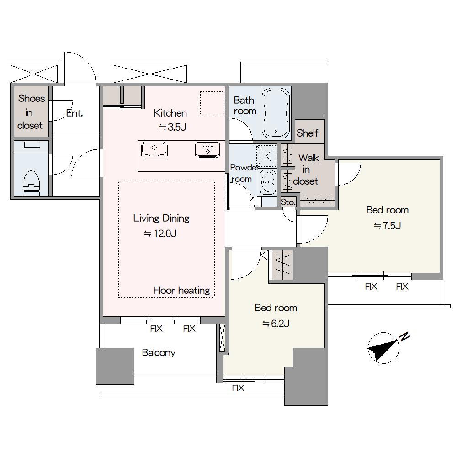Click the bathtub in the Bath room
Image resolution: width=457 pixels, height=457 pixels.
pos(276,113)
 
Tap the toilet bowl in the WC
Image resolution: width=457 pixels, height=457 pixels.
pos(31,182)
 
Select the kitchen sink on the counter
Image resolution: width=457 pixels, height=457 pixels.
pos(154,150)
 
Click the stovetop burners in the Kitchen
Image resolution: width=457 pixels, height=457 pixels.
pos(207,150)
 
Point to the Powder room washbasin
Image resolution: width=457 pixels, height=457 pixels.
pos(267,181)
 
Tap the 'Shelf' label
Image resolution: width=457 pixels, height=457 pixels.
pos(307,133)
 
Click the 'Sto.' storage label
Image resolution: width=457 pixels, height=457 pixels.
pos(288,202)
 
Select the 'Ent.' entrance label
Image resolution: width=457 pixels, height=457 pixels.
pos(74,113)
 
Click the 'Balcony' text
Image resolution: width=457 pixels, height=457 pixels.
pos(159,353)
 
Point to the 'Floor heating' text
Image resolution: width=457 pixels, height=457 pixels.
pos(181,290)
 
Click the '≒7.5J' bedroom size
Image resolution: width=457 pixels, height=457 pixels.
pos(388,226)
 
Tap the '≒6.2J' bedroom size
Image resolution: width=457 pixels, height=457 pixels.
pos(276,324)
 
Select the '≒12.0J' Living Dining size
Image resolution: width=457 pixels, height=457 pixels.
pos(160,234)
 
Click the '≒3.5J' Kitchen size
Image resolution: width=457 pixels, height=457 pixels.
pos(173,127)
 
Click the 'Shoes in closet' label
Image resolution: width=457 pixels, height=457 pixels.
pos(31,112)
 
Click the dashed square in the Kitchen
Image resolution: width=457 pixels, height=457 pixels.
pos(212,102)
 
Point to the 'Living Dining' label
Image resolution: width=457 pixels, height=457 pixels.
pos(161,218)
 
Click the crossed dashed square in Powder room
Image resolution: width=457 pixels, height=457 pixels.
pos(266,156)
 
